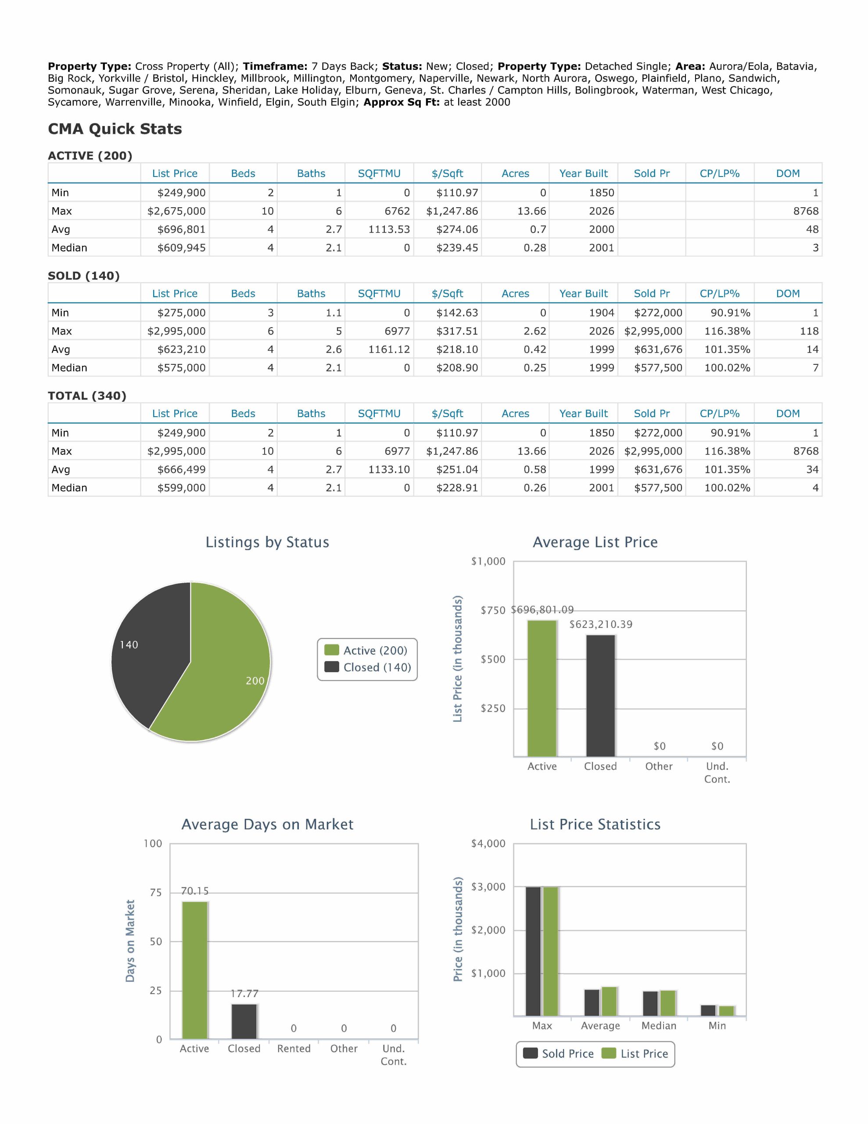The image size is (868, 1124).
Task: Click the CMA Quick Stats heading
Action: [115, 129]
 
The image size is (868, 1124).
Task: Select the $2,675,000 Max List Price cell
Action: [176, 211]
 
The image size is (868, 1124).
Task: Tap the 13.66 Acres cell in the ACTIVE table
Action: [531, 211]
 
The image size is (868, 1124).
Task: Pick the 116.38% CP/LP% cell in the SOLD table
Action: [727, 331]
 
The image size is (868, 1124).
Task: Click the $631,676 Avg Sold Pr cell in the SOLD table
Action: [658, 349]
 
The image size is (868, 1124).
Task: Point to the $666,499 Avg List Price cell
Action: [181, 469]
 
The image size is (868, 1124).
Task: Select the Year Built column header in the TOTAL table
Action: [584, 413]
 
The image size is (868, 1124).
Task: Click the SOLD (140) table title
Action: [84, 276]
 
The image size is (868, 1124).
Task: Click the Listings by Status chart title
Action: [267, 542]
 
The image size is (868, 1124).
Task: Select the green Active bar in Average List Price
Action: [542, 688]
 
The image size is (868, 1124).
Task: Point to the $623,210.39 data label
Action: [600, 624]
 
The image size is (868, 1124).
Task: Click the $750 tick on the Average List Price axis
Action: [493, 610]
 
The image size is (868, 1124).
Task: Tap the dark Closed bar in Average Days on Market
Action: [244, 1022]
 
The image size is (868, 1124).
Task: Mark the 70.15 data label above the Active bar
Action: [194, 891]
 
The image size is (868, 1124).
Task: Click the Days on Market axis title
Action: [130, 941]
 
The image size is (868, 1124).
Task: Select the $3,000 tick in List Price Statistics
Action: [488, 887]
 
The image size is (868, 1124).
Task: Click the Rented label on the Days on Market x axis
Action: [294, 1048]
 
